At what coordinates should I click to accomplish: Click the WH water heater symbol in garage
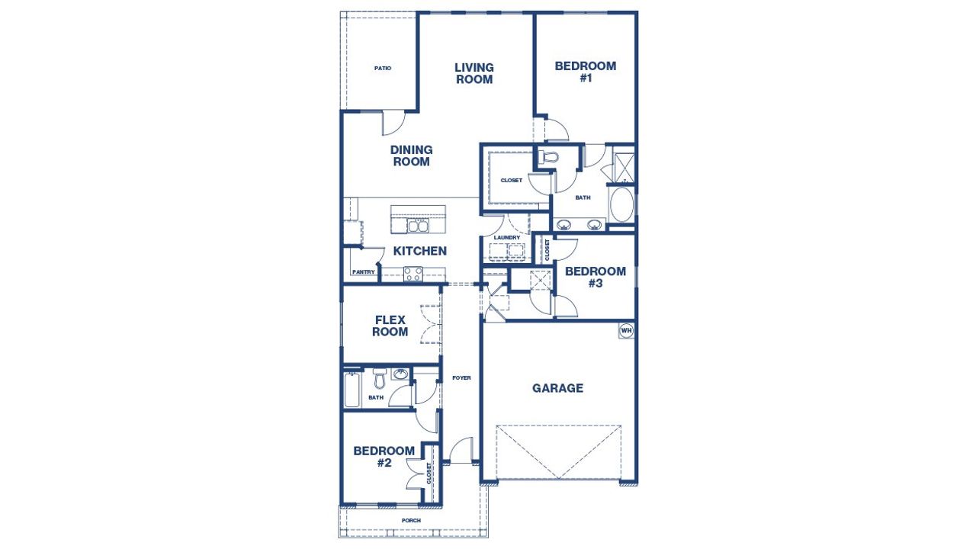pyautogui.click(x=626, y=330)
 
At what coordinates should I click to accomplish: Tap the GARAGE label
pyautogui.click(x=557, y=388)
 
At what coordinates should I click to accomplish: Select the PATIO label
pyautogui.click(x=383, y=69)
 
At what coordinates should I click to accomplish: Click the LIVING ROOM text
pyautogui.click(x=474, y=73)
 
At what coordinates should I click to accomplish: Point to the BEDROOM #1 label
pyautogui.click(x=586, y=72)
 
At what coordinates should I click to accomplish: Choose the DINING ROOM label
pyautogui.click(x=412, y=156)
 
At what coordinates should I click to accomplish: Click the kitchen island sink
pyautogui.click(x=417, y=226)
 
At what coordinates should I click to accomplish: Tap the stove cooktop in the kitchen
pyautogui.click(x=413, y=273)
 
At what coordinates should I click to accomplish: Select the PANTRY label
pyautogui.click(x=363, y=272)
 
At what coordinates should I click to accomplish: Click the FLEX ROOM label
pyautogui.click(x=390, y=326)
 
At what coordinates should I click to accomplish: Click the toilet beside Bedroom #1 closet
pyautogui.click(x=547, y=158)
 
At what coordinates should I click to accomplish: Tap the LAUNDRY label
pyautogui.click(x=506, y=238)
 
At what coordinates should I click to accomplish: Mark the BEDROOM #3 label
pyautogui.click(x=596, y=277)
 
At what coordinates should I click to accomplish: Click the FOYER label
pyautogui.click(x=461, y=378)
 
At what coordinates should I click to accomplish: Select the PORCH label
pyautogui.click(x=411, y=521)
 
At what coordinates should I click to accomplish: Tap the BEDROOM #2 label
pyautogui.click(x=384, y=456)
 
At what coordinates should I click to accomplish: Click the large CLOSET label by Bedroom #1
pyautogui.click(x=511, y=181)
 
